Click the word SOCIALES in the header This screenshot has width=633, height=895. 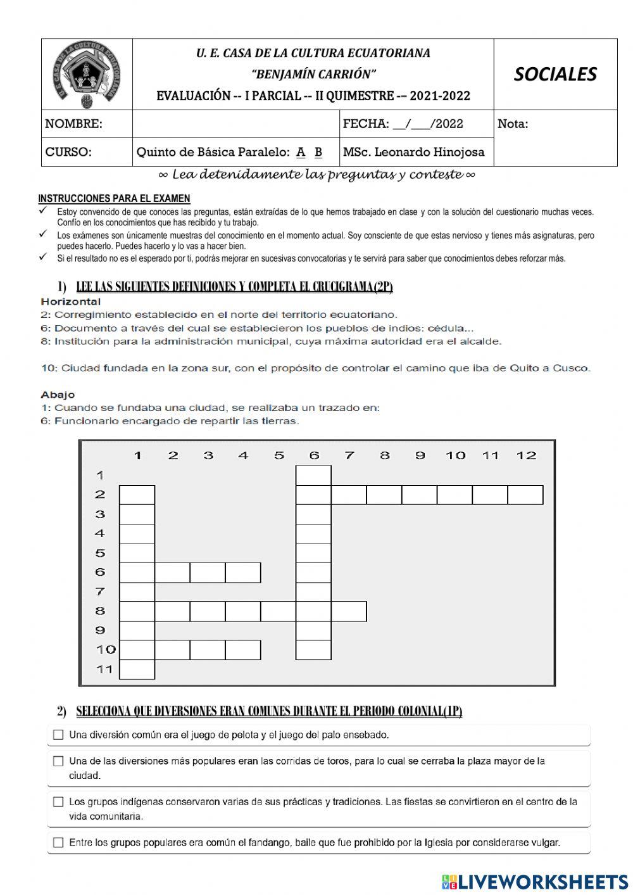click(555, 74)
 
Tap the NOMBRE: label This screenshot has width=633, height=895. click(73, 124)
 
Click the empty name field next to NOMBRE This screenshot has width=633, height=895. click(235, 124)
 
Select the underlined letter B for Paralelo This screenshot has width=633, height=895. click(318, 152)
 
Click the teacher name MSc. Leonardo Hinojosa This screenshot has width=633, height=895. click(413, 152)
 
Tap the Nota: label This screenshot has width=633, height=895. click(513, 124)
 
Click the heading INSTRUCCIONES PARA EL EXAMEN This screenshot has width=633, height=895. click(114, 198)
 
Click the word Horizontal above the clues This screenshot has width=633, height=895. click(71, 302)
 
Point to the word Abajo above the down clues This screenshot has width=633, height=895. click(58, 395)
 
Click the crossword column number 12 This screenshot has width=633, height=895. click(526, 455)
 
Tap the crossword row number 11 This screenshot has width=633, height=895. click(104, 669)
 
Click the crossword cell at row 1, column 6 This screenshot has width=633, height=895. click(313, 475)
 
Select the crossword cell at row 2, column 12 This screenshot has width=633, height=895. click(525, 495)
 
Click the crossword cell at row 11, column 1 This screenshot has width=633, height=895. click(137, 669)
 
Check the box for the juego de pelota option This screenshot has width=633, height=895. click(58, 735)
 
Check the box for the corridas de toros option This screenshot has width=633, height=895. click(58, 761)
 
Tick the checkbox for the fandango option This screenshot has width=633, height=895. click(58, 842)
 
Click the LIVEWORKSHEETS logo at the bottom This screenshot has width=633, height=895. click(535, 881)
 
